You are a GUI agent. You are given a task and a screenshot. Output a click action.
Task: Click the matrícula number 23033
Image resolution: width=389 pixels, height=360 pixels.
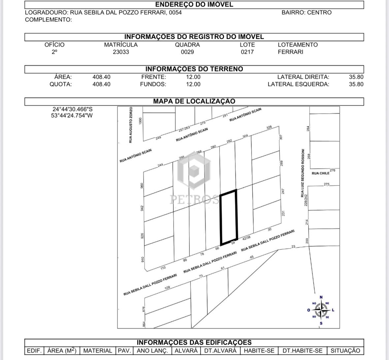121,52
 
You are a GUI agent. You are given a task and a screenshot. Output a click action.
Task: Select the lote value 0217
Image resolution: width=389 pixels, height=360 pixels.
247,52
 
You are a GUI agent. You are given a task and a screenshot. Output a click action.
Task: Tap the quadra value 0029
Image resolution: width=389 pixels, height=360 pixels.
187,52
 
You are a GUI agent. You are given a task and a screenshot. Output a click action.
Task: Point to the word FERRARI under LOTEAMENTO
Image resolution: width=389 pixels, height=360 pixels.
290,52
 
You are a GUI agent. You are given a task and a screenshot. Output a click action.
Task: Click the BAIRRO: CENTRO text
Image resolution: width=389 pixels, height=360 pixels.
307,13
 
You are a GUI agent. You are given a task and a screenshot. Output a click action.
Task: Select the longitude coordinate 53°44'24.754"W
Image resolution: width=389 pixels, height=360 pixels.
72,116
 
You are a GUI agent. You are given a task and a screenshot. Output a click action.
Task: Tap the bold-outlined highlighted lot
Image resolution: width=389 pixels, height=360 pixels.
229,218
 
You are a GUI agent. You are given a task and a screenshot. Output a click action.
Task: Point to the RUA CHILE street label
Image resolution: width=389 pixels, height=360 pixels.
320,173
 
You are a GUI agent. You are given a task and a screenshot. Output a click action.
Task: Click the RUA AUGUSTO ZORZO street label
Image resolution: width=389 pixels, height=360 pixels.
131,125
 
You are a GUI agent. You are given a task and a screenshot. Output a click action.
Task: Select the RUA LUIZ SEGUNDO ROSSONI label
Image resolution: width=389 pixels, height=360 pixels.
302,173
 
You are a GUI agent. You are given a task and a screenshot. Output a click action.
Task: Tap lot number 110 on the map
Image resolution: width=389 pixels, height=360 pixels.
163,268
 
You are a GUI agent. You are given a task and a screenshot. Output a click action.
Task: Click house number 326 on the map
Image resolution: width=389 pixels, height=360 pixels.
269,127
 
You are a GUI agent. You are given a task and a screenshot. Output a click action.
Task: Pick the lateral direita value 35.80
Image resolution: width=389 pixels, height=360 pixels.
356,77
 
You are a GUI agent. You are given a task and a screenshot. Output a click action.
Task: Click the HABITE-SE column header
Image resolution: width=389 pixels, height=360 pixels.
259,351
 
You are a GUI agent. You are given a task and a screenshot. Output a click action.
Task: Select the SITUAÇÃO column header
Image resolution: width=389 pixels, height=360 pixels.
345,351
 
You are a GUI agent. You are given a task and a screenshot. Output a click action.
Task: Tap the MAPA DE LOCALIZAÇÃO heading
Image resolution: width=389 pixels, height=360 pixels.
194,101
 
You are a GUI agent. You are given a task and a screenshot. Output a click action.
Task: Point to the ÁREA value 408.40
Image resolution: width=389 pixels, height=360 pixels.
101,77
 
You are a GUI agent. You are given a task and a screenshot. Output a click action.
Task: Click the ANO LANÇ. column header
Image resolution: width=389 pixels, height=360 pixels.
152,351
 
